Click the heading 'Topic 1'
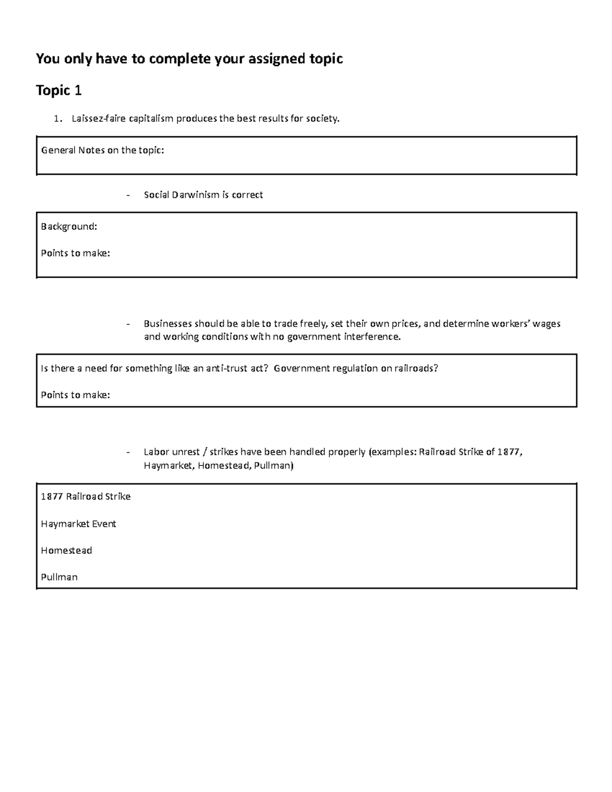tap(59, 91)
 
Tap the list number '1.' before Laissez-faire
tap(59, 119)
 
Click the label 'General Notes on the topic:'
tap(103, 150)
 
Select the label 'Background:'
tap(69, 226)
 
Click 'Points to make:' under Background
tap(75, 253)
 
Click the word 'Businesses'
tap(168, 324)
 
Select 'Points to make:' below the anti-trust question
tap(75, 395)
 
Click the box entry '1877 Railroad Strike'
tap(86, 497)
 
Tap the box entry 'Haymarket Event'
tap(79, 524)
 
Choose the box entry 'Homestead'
tap(66, 550)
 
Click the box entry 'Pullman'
tap(59, 577)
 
